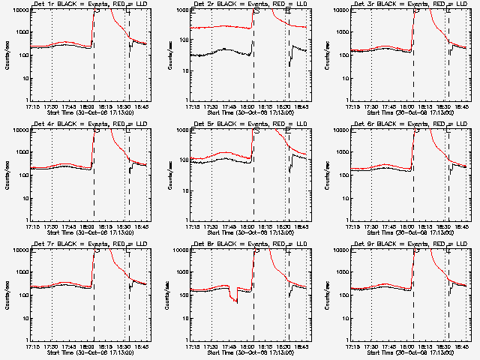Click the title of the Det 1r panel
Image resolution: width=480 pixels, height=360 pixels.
click(90, 4)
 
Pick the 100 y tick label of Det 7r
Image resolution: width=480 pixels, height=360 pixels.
click(22, 295)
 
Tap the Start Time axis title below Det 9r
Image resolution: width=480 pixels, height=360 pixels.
click(409, 353)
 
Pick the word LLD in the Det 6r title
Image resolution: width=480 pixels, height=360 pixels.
click(446, 124)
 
